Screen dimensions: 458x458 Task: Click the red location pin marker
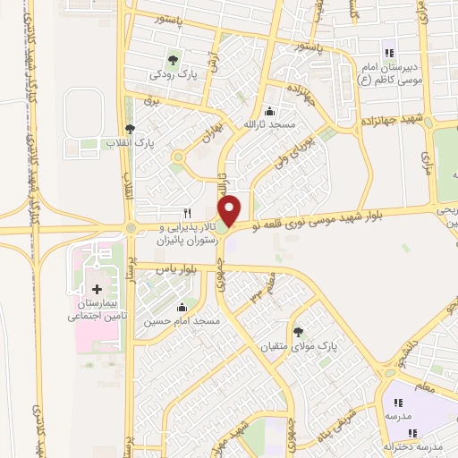231,209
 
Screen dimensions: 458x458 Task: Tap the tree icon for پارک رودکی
173,60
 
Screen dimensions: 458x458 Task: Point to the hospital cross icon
98,289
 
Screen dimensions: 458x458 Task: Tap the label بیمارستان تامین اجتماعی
98,310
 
